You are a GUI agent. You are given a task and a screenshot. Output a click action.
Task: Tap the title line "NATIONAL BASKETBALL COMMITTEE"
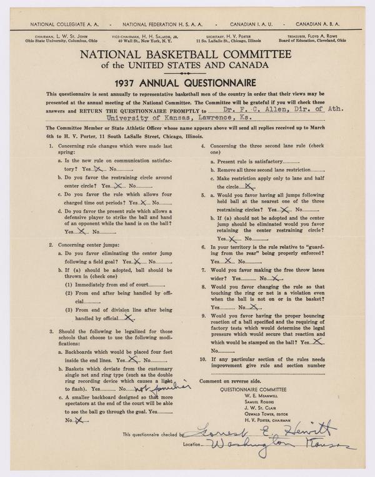[187, 55]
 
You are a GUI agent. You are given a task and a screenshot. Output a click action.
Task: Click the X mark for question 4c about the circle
[249, 186]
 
